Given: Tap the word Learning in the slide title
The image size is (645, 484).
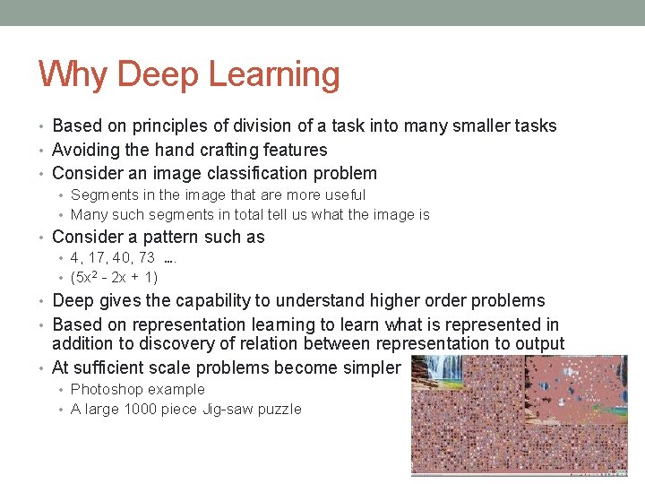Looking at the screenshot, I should pos(276,76).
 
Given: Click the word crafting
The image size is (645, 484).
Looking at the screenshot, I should pos(224,150).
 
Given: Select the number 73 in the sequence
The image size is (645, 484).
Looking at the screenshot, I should pos(146,258).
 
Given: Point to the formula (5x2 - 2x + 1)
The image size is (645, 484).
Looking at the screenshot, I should pos(114,278).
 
